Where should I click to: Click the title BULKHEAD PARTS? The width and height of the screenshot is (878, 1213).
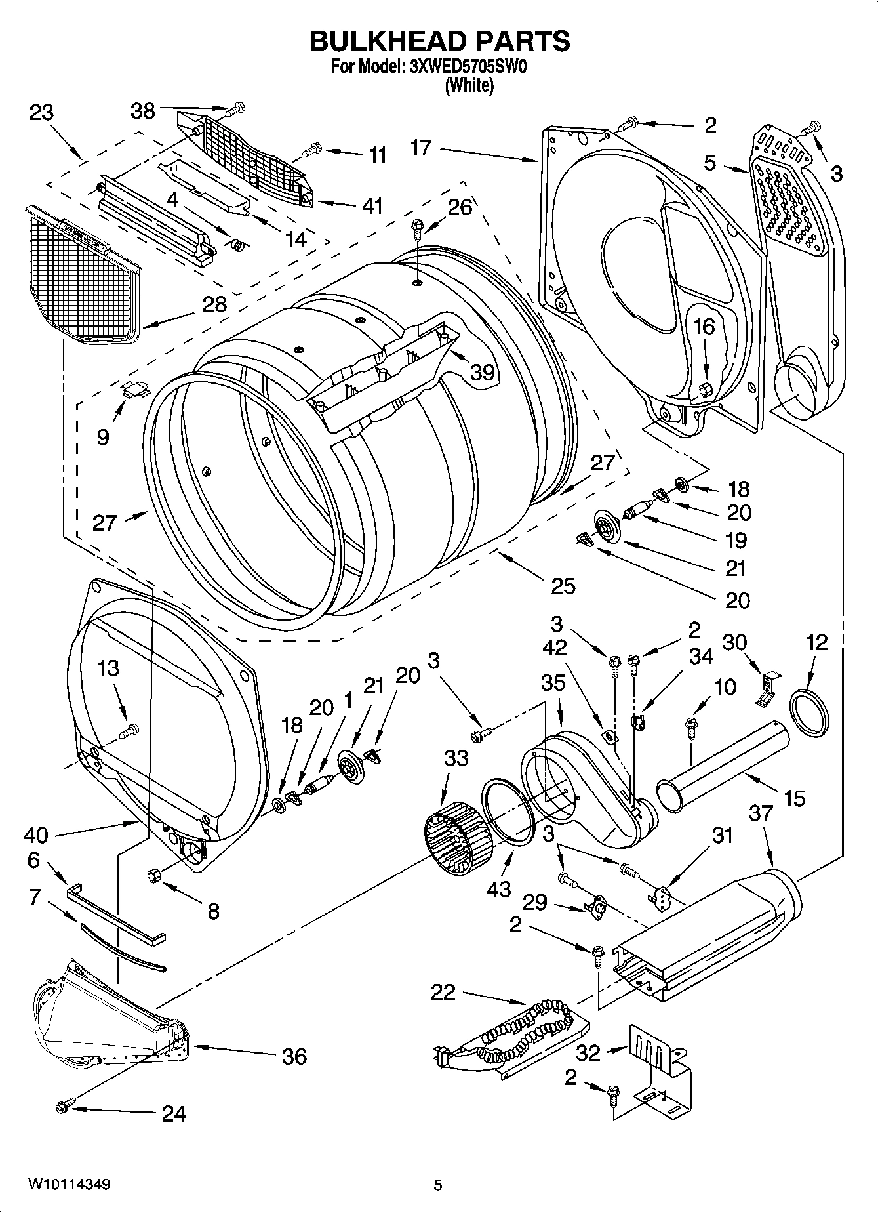439,41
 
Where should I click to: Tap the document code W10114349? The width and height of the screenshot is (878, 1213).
69,1185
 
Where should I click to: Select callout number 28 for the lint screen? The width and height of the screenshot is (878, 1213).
214,304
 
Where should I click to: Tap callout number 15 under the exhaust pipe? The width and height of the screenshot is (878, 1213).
794,798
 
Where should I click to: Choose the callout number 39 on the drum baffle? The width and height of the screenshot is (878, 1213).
482,372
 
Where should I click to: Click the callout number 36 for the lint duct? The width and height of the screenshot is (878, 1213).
294,1056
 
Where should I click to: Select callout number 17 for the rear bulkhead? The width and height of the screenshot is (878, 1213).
421,148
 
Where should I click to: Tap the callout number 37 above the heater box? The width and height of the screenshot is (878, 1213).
761,813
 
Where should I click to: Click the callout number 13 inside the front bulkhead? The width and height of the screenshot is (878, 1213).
108,668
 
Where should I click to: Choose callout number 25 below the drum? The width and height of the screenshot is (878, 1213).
563,585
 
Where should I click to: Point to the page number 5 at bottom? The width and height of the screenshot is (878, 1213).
437,1185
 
